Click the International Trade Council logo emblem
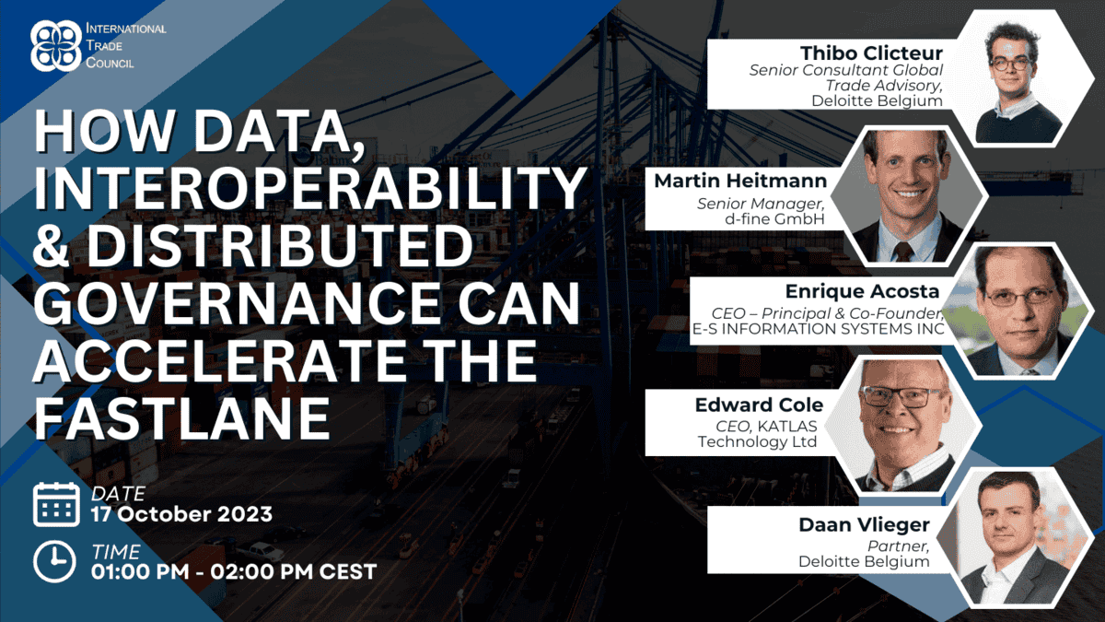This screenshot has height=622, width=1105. pos(56,46)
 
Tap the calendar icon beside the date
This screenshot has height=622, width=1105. pos(56,505)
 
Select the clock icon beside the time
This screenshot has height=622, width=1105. pos(54,562)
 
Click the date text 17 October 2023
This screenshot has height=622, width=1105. pos(181,514)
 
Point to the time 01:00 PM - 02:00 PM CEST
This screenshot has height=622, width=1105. pos(234,571)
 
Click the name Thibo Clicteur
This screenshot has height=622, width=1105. pos(871,53)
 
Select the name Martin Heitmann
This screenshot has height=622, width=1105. pos(740,181)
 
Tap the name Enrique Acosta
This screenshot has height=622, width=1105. pos(862,291)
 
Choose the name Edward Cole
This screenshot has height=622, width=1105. pos(759,405)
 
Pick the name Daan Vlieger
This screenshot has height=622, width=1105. pos(865,525)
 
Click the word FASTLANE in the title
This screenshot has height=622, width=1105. pos(182,418)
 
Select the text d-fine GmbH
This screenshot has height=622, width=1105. pos(774,218)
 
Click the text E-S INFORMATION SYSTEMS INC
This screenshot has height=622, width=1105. pos(818,329)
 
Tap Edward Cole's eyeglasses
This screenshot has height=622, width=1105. pos(901,397)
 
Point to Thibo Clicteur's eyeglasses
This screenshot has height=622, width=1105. pos(1011,64)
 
